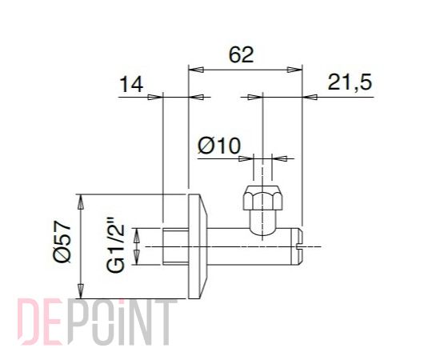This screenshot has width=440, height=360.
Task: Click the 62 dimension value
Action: click(x=241, y=54)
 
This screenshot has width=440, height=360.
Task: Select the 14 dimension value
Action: click(x=131, y=84)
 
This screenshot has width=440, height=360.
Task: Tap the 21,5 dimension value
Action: click(x=350, y=82)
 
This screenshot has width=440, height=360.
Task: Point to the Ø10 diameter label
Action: click(x=219, y=146)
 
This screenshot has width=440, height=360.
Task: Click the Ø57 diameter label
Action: click(x=62, y=242)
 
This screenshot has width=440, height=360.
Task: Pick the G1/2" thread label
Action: click(x=115, y=244)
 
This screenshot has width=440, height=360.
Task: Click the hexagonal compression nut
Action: click(x=262, y=198)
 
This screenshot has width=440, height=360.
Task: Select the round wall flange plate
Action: click(x=198, y=246)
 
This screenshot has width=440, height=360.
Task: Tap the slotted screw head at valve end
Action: click(x=299, y=246)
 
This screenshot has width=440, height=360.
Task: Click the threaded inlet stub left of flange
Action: click(x=175, y=246)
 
